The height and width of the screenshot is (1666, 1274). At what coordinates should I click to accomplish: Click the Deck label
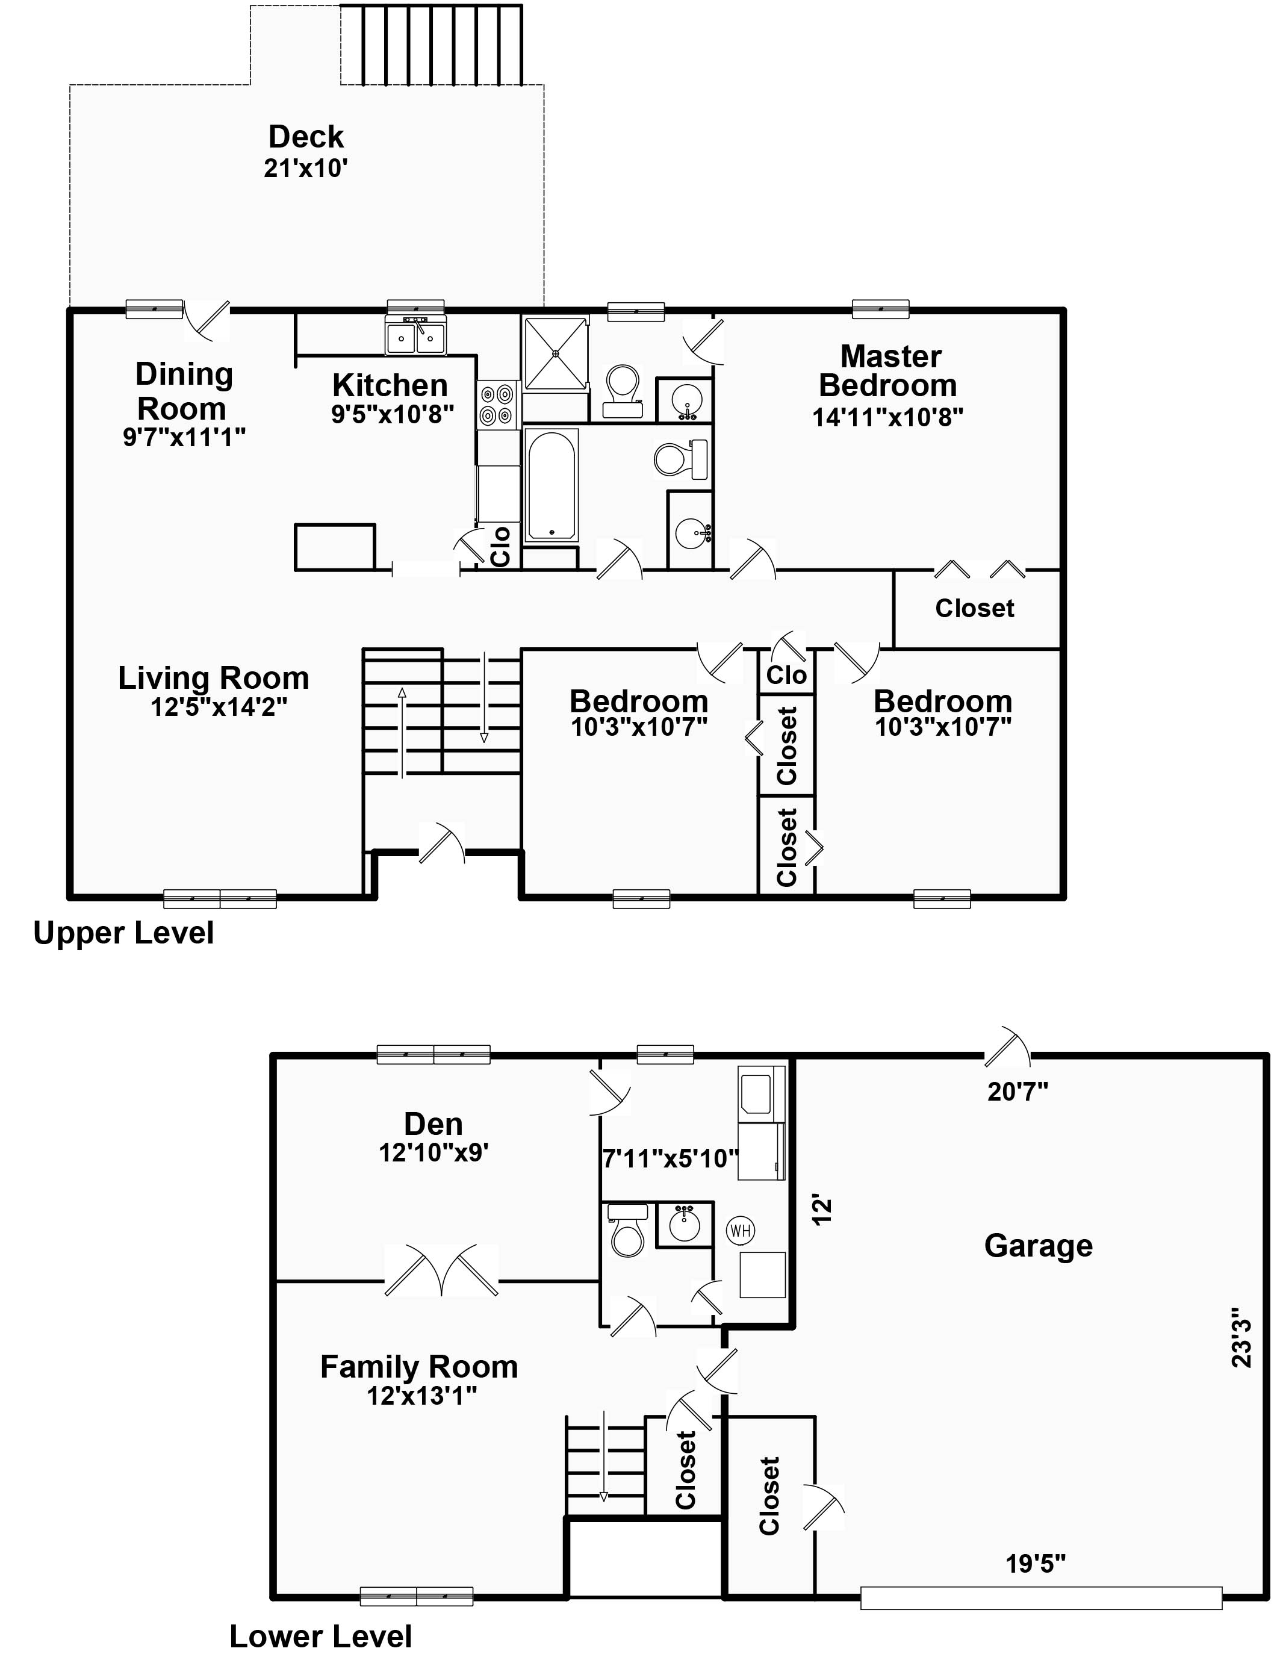click(x=306, y=137)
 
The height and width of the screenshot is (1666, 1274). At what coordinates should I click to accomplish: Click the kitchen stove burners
click(x=497, y=404)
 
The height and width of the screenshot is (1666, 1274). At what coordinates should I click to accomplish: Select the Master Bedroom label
click(x=889, y=371)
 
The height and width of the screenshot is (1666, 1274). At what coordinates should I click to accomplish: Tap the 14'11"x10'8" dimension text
click(x=887, y=418)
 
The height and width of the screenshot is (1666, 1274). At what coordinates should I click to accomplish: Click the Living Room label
click(x=214, y=678)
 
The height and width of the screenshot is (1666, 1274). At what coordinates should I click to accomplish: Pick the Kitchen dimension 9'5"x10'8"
click(x=392, y=414)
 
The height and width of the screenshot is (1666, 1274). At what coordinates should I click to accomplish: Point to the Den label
click(x=433, y=1124)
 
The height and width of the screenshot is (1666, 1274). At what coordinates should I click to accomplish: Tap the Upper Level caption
click(x=123, y=933)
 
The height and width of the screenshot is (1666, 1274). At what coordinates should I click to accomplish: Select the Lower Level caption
click(x=321, y=1636)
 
